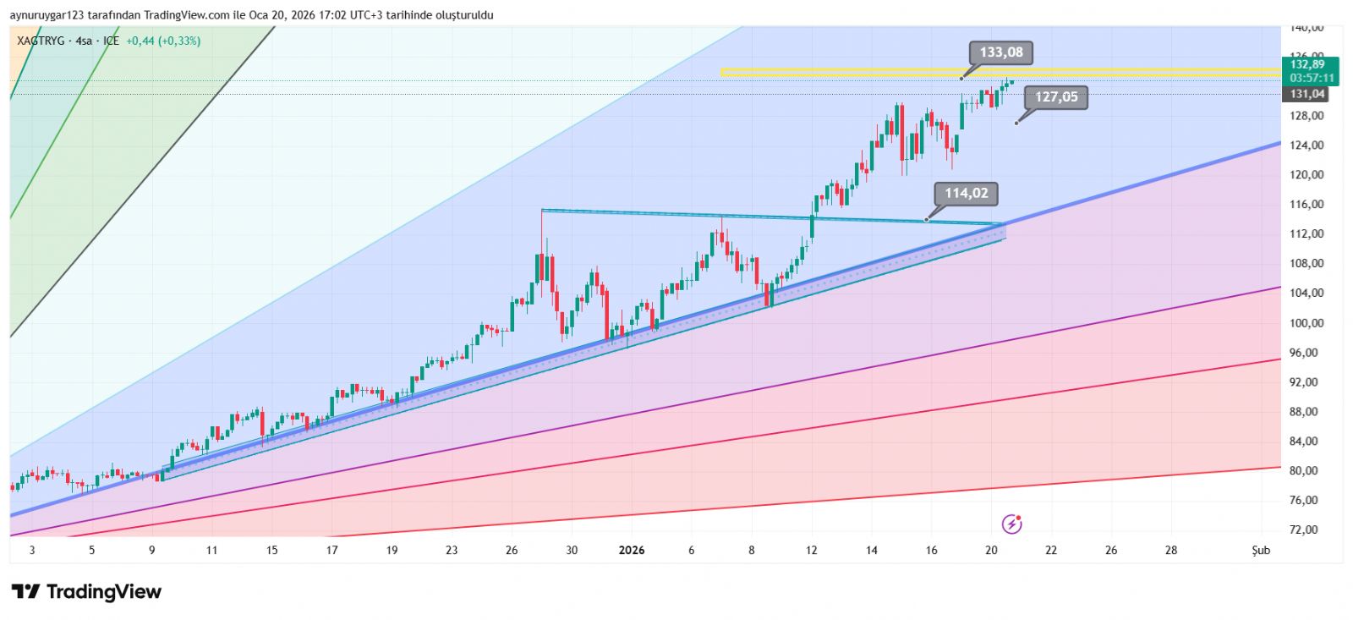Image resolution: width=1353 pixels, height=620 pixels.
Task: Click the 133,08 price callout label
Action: click(1001, 52)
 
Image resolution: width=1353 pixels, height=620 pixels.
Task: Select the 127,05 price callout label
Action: click(1056, 97)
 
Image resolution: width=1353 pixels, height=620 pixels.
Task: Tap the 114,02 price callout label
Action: click(966, 193)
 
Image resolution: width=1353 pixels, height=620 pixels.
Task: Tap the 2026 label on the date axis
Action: click(632, 550)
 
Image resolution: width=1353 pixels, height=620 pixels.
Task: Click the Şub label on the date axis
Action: click(1261, 550)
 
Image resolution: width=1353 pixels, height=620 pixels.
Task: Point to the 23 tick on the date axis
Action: click(452, 550)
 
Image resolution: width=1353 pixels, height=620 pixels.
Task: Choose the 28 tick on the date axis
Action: click(1171, 550)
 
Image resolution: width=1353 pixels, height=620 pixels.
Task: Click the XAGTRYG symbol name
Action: click(41, 41)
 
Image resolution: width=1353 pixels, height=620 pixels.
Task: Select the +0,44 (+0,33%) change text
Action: click(163, 41)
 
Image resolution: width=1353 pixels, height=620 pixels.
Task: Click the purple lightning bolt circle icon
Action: click(1011, 524)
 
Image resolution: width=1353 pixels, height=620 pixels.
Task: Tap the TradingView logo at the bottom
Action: click(86, 591)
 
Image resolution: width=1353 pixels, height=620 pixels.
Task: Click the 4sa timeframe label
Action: click(84, 41)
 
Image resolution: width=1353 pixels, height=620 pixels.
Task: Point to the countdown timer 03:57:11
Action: click(1312, 78)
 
